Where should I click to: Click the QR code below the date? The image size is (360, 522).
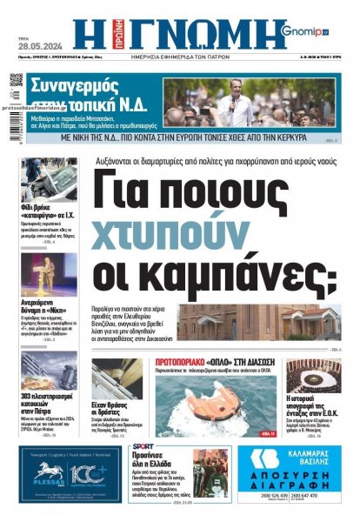(x=16, y=82)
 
